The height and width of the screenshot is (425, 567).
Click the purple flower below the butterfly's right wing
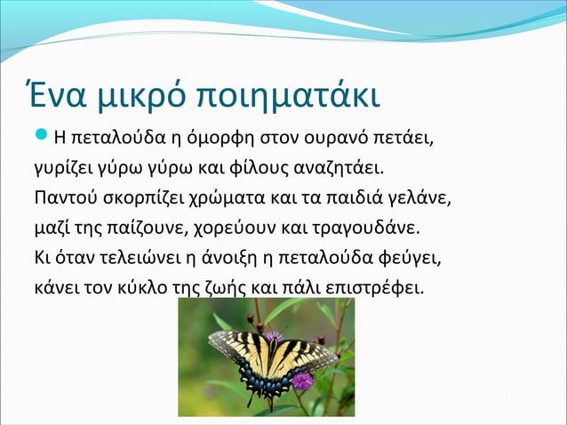pos(303,381)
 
